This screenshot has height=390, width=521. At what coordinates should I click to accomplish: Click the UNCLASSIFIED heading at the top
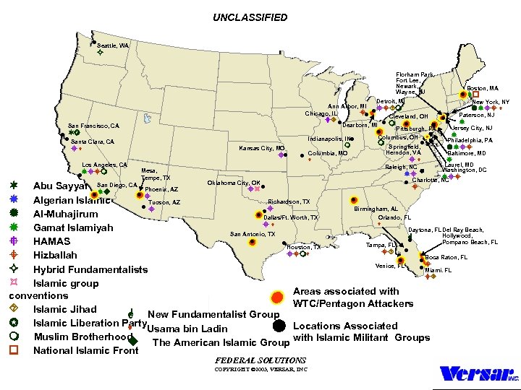tap(250, 17)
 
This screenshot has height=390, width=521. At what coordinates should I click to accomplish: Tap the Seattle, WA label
tap(113, 45)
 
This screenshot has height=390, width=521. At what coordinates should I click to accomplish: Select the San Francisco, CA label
tap(93, 126)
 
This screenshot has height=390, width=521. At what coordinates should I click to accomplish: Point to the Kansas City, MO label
tap(262, 148)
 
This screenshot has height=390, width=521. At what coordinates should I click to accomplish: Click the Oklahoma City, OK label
tap(234, 183)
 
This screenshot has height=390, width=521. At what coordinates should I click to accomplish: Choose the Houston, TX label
tap(304, 247)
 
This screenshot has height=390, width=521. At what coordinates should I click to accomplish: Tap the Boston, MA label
tap(482, 88)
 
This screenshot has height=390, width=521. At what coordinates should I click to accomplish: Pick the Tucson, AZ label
tap(164, 202)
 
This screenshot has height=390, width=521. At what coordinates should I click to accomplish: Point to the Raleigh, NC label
tap(401, 167)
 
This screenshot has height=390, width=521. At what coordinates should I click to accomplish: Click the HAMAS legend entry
tap(52, 241)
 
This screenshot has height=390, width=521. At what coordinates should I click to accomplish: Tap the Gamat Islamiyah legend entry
tap(73, 227)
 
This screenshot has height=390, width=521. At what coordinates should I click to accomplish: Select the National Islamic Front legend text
tap(85, 351)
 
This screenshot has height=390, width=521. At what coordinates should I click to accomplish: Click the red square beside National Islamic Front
tap(14, 350)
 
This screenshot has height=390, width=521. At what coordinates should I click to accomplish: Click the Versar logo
tap(479, 374)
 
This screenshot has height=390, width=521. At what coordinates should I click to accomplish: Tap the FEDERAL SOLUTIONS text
tap(260, 360)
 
